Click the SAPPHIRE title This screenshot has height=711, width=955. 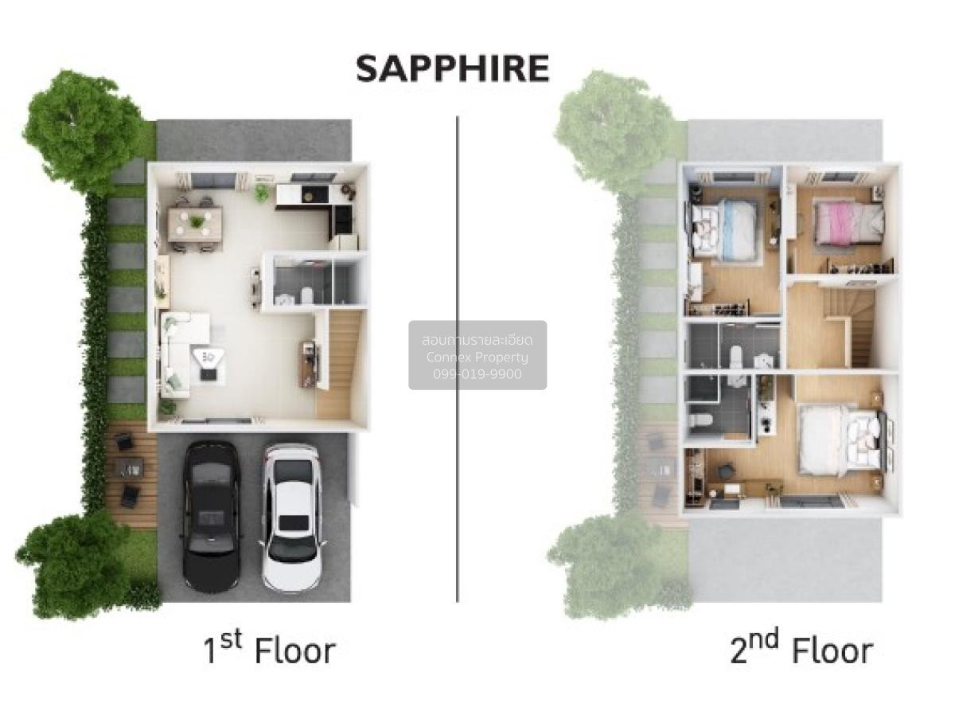pyautogui.click(x=452, y=69)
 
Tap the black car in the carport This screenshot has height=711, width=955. pyautogui.click(x=211, y=517)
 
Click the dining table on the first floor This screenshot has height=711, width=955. pyautogui.click(x=196, y=224)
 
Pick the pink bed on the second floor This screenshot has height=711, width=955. pyautogui.click(x=848, y=223)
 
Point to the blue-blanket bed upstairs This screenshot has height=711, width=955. pyautogui.click(x=725, y=231)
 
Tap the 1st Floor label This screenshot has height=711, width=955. pyautogui.click(x=269, y=650)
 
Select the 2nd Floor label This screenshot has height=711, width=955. pyautogui.click(x=801, y=650)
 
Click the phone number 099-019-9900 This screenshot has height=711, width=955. pyautogui.click(x=477, y=374)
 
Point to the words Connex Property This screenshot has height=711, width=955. pyautogui.click(x=477, y=357)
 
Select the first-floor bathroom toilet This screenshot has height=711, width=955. pyautogui.click(x=306, y=295)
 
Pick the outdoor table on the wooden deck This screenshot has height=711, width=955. pyautogui.click(x=129, y=468)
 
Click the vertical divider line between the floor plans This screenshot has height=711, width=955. pyautogui.click(x=458, y=358)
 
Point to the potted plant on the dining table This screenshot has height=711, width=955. pyautogui.click(x=197, y=221)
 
